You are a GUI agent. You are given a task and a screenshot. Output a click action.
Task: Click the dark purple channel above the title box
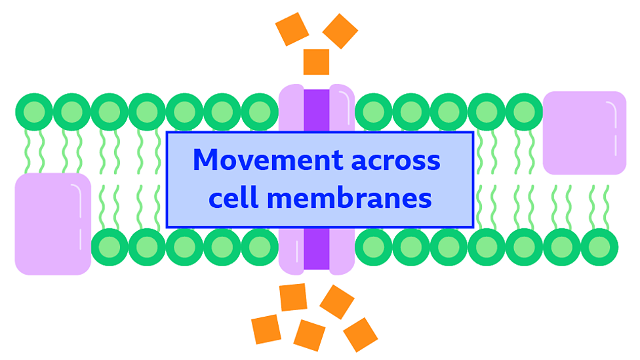coord(316,110)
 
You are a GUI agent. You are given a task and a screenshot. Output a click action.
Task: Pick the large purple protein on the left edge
coord(52,224)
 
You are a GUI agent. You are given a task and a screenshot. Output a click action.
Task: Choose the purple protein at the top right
coord(584,132)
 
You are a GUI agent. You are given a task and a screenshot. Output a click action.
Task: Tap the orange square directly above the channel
coord(316,62)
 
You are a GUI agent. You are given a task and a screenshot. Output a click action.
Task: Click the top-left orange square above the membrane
coord(292,29)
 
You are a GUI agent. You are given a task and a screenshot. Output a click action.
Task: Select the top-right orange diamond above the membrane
coord(340,31)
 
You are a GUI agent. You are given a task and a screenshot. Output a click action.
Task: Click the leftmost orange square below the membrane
coord(266,329)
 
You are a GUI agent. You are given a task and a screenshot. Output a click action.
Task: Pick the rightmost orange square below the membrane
coord(360,334)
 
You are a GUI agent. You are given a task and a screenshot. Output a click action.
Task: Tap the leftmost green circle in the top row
coord(34,112)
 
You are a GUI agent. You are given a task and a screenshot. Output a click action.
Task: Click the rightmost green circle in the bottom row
coord(599,247)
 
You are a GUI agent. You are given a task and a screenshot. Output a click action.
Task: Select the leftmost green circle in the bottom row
coord(110,247)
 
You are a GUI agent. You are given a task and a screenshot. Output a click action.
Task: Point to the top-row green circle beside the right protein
coord(524,112)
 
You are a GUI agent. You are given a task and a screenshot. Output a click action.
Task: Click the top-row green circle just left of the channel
coord(260,112)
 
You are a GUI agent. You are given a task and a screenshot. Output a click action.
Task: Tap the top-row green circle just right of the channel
coord(373,112)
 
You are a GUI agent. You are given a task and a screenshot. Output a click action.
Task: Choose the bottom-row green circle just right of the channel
coord(373,247)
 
